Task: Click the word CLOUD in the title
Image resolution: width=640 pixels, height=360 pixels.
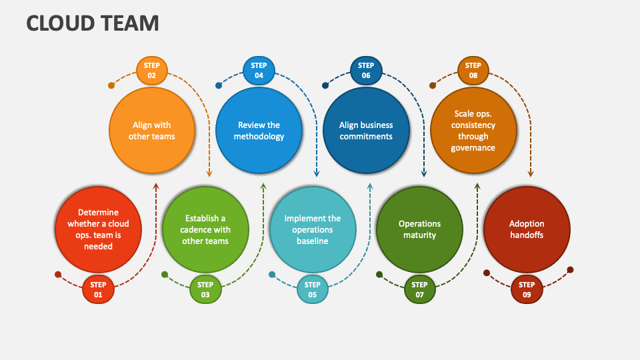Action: click(x=61, y=23)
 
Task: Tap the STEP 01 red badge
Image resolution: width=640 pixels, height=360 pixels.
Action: click(x=98, y=289)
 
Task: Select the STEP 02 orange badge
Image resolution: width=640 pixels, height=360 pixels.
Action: click(x=151, y=71)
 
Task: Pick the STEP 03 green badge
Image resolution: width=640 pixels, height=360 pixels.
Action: click(x=205, y=289)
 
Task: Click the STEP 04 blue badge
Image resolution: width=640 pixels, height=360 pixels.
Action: click(x=259, y=71)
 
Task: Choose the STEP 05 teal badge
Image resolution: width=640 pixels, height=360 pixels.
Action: click(x=313, y=289)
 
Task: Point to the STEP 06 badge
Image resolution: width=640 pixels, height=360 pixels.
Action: click(x=366, y=71)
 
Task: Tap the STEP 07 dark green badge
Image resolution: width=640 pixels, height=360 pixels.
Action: click(x=420, y=289)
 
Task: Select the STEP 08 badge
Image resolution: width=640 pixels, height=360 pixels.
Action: click(x=473, y=71)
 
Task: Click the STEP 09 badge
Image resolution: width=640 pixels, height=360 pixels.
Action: click(x=527, y=289)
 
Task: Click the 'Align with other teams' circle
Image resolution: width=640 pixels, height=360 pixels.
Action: click(x=152, y=130)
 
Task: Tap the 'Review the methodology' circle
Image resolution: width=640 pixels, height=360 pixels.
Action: click(x=259, y=130)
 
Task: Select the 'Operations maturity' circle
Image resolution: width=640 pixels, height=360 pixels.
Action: click(x=420, y=229)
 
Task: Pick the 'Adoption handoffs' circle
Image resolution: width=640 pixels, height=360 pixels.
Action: click(x=527, y=229)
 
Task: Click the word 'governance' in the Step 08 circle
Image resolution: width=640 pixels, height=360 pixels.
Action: click(x=473, y=148)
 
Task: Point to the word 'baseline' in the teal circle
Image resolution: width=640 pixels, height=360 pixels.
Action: click(x=313, y=241)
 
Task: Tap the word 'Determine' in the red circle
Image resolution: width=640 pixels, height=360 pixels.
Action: click(x=98, y=213)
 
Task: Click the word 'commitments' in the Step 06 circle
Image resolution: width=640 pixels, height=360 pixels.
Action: click(x=366, y=137)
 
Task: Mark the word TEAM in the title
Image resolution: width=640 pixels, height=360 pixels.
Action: click(x=130, y=23)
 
